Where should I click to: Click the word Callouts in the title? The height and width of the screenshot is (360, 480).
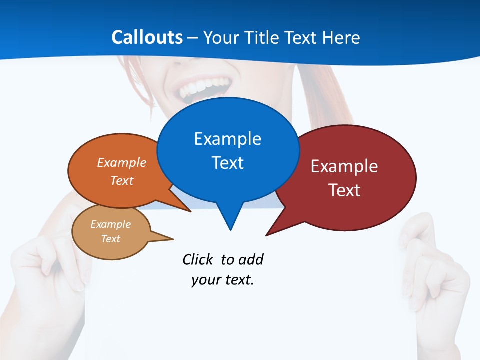[x=147, y=37]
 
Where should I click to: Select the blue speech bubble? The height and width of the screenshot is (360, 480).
[x=228, y=150]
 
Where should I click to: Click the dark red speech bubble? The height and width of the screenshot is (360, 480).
[x=350, y=177]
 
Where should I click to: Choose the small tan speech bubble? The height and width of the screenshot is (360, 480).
[x=111, y=232]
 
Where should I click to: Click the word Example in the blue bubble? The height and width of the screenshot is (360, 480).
[x=227, y=139]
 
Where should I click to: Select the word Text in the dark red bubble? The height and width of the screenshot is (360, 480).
[x=344, y=190]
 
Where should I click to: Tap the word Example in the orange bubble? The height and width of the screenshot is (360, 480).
[x=121, y=163]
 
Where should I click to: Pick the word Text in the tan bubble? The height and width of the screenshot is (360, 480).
[x=111, y=239]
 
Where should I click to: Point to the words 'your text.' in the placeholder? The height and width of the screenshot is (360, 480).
[x=223, y=280]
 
